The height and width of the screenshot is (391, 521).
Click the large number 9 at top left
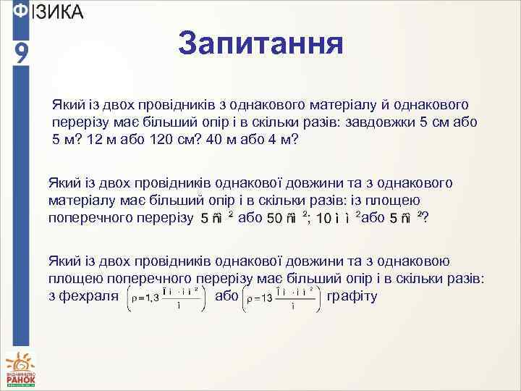click(22, 52)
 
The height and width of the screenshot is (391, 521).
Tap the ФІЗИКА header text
click(48, 12)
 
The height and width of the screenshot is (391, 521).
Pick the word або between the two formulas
click(226, 295)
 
